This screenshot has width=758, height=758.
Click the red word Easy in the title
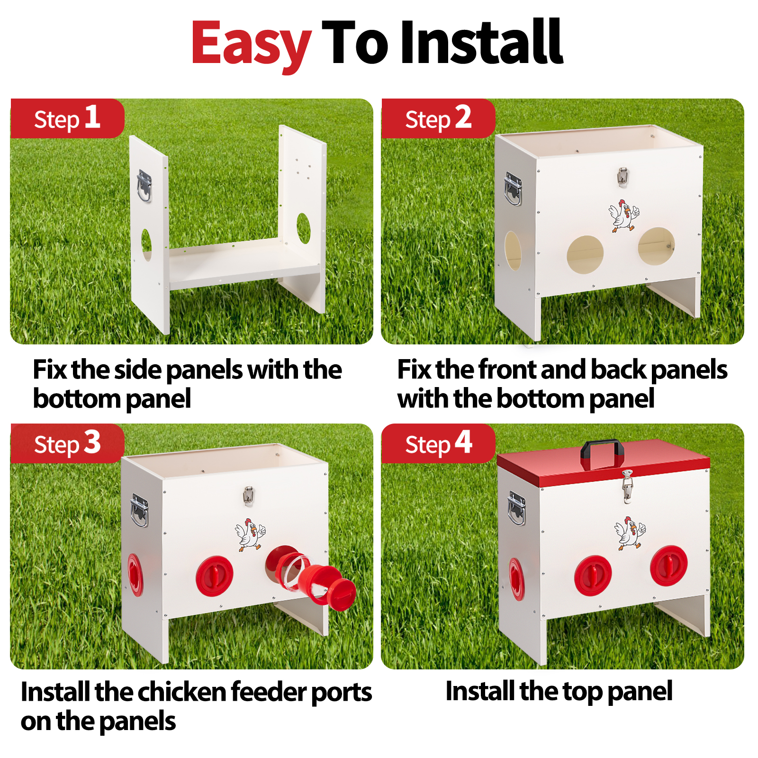(x=251, y=44)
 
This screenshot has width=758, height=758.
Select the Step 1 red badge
(x=67, y=118)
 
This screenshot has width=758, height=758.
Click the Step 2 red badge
(x=438, y=118)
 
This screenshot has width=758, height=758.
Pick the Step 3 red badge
(x=67, y=443)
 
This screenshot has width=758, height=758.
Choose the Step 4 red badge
(x=438, y=443)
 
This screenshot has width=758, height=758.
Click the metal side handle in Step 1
(x=144, y=186)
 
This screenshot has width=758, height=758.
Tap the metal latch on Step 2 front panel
(x=623, y=177)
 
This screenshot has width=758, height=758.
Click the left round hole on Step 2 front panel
(x=586, y=254)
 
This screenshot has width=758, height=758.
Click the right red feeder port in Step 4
(x=668, y=566)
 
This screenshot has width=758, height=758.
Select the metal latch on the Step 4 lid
(x=627, y=486)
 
